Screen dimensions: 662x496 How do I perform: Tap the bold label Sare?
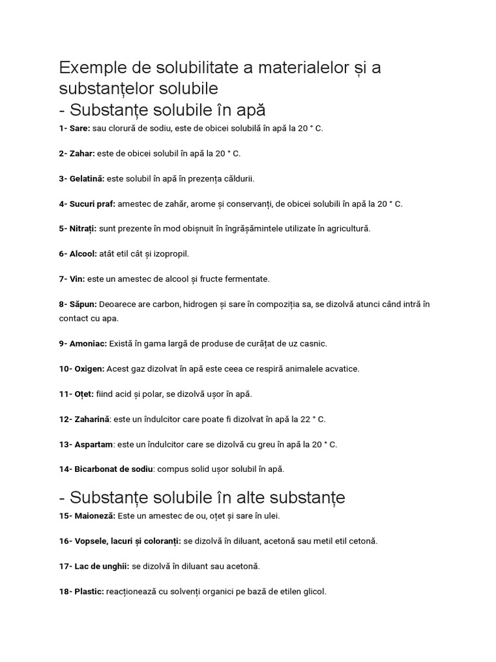(80, 129)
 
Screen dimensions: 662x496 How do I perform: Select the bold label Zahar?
(83, 154)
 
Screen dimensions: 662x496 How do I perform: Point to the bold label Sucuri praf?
(92, 204)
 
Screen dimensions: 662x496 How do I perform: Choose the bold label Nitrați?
(83, 229)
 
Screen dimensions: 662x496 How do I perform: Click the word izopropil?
(169, 254)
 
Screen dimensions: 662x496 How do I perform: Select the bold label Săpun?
(83, 304)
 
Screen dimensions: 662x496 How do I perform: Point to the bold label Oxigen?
(90, 368)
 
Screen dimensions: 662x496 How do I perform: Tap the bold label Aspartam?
(94, 444)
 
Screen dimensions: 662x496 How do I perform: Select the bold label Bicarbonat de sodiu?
(114, 469)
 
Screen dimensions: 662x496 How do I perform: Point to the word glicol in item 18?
(313, 591)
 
